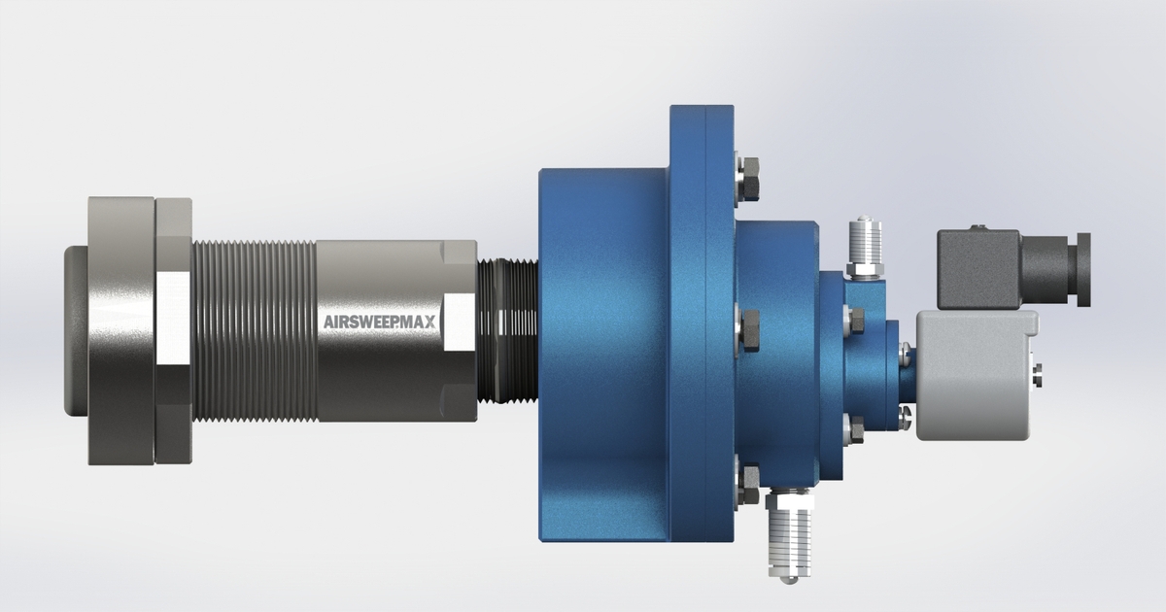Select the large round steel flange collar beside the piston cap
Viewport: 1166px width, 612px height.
[x=120, y=331]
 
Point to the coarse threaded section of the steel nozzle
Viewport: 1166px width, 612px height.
[x=255, y=331]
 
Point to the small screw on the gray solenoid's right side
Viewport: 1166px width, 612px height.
[x=1039, y=368]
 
